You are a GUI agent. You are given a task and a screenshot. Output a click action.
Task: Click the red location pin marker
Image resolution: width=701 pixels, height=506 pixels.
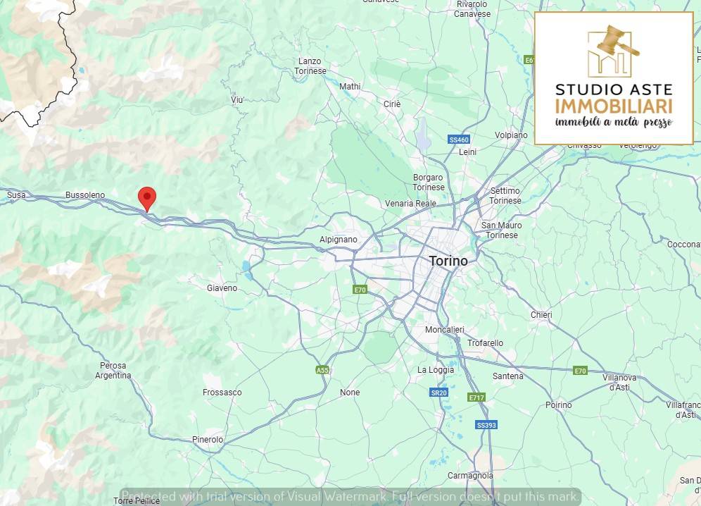[x=147, y=198]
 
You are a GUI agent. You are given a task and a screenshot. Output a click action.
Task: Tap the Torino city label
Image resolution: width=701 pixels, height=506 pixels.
[x=448, y=261]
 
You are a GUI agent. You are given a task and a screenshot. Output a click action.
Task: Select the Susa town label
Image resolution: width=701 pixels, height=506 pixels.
[x=16, y=195]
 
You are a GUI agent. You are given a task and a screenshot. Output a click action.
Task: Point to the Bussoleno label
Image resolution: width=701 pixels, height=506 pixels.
[x=85, y=195]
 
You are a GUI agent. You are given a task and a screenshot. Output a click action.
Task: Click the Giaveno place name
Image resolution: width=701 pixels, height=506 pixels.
[x=222, y=288]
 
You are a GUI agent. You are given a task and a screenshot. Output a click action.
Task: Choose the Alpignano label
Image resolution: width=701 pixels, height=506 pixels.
[x=339, y=240]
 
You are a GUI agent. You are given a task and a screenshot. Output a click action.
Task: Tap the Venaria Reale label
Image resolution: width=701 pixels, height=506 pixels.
[x=411, y=204]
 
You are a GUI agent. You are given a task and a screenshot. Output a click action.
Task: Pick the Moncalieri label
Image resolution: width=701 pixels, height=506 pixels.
[x=445, y=330]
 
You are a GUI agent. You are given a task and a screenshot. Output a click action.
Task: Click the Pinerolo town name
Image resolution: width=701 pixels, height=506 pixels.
[x=208, y=440]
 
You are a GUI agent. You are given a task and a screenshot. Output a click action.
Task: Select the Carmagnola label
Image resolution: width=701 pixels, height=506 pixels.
[x=470, y=476]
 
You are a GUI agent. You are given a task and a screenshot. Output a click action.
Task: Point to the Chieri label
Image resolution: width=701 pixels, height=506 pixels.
[x=541, y=315]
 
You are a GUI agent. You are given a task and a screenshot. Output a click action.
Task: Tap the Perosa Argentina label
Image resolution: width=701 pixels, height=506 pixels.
[x=113, y=371]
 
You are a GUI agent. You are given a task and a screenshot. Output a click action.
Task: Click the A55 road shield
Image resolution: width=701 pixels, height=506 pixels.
[x=322, y=370]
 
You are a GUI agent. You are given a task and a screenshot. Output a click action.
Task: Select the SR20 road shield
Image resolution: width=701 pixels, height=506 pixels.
[x=439, y=392]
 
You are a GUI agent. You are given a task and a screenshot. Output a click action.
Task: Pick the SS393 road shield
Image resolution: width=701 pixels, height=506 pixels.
[x=486, y=425]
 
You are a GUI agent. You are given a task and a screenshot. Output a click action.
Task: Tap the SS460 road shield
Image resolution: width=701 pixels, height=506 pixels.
[x=459, y=140]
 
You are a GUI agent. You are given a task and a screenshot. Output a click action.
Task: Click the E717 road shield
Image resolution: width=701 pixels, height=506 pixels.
[x=476, y=397]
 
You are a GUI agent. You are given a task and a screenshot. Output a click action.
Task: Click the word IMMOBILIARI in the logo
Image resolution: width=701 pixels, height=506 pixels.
[x=613, y=106]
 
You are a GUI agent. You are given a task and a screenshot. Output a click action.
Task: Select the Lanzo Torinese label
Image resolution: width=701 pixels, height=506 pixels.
[x=310, y=66]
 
